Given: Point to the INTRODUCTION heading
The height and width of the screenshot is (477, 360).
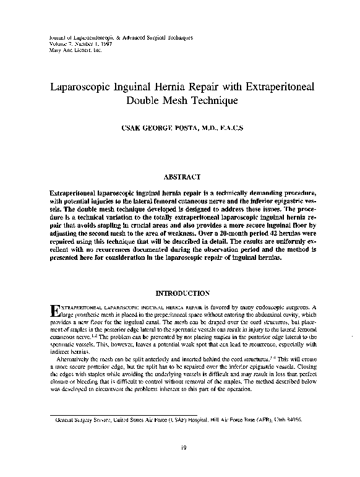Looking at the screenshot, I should [179, 293].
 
